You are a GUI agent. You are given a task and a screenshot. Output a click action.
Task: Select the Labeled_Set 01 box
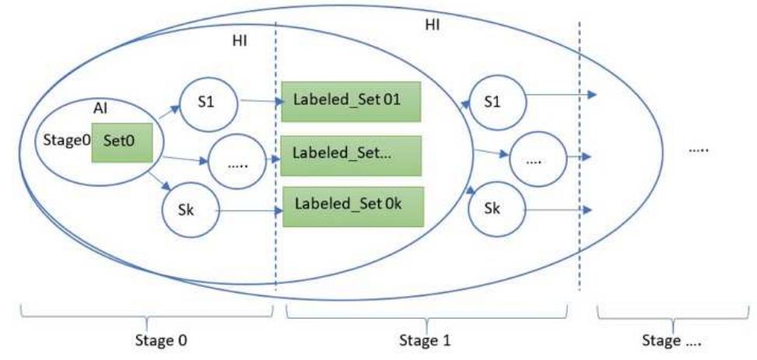click(x=351, y=101)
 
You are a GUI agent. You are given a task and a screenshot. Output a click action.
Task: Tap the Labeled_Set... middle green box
click(x=351, y=155)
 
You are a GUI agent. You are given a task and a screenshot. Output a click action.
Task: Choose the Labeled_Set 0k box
click(x=351, y=207)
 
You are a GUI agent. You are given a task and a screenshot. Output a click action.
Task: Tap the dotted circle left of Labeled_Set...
click(x=237, y=163)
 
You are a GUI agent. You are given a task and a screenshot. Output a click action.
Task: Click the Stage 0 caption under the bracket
click(x=162, y=341)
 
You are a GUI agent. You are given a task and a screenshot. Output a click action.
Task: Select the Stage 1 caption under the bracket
click(x=426, y=341)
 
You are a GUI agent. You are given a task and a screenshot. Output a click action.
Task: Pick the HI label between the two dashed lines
click(x=433, y=25)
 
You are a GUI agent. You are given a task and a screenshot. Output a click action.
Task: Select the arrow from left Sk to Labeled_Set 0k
click(x=248, y=210)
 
